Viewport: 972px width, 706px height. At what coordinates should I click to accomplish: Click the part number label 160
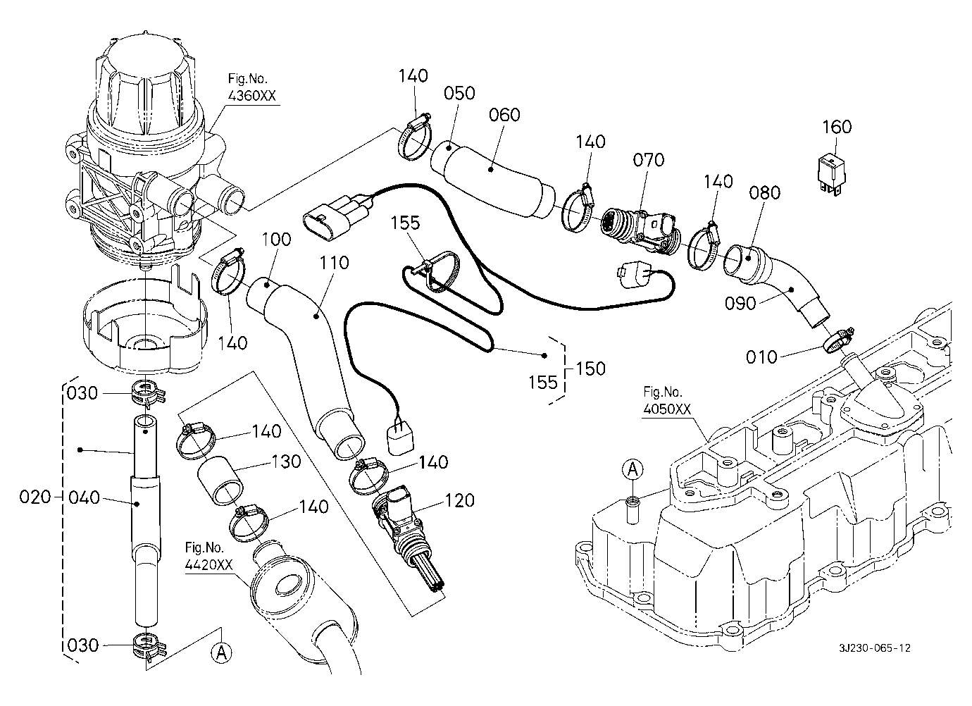pyautogui.click(x=837, y=127)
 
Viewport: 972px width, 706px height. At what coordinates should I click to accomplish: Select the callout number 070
pyautogui.click(x=648, y=160)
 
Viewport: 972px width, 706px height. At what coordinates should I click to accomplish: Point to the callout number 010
pyautogui.click(x=761, y=357)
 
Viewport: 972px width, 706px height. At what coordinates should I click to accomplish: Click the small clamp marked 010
pyautogui.click(x=837, y=340)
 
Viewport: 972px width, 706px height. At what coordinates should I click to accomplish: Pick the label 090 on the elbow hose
pyautogui.click(x=740, y=303)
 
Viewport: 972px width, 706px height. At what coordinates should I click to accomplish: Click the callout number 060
pyautogui.click(x=504, y=114)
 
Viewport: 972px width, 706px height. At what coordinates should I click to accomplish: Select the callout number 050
pyautogui.click(x=459, y=93)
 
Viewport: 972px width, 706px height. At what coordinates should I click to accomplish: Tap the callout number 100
pyautogui.click(x=275, y=239)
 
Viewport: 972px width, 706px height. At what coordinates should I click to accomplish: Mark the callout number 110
pyautogui.click(x=333, y=263)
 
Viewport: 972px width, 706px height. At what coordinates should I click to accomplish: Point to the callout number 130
pyautogui.click(x=286, y=462)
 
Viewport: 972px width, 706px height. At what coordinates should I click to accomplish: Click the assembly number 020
pyautogui.click(x=36, y=497)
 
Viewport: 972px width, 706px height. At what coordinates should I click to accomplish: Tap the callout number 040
pyautogui.click(x=85, y=497)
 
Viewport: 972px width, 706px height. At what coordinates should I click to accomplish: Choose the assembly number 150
pyautogui.click(x=590, y=369)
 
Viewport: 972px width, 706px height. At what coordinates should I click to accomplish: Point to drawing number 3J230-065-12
pyautogui.click(x=874, y=648)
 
